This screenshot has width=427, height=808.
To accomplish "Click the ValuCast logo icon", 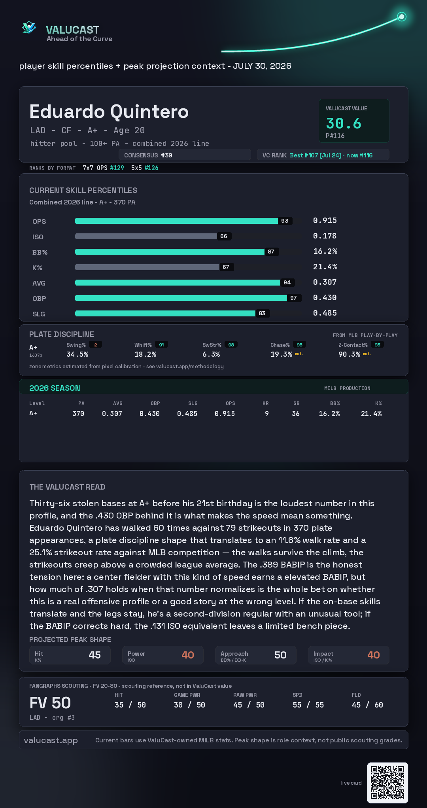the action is point(29,28).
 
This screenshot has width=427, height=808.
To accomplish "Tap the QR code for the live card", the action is point(387,783).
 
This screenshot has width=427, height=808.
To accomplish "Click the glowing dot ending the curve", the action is point(402,17).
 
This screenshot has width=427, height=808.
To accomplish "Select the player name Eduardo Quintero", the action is point(109,112).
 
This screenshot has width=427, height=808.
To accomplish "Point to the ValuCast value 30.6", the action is point(344,123).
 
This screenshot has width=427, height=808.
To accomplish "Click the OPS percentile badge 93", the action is point(285,221).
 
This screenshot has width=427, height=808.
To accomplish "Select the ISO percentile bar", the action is point(146,236).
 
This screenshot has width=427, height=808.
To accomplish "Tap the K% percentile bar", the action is point(147,267).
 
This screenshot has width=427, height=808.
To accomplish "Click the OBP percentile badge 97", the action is point(293,298).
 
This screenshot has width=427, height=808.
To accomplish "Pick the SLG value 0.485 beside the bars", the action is point(325,313).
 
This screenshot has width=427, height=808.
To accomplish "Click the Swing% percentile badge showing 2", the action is point(95,345).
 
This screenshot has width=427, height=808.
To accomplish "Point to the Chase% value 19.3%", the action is point(282,354).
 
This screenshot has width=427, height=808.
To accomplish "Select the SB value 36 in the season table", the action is point(296,414).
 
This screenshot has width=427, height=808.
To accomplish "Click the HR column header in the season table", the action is point(266,403).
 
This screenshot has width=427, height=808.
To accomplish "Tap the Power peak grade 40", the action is point(188,655).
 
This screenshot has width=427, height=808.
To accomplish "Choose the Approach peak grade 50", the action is point(280,655).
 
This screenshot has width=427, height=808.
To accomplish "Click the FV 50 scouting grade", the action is point(50,703).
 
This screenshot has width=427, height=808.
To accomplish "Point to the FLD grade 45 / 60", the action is point(367,705).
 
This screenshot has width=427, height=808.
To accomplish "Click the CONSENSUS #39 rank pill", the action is point(185,155).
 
